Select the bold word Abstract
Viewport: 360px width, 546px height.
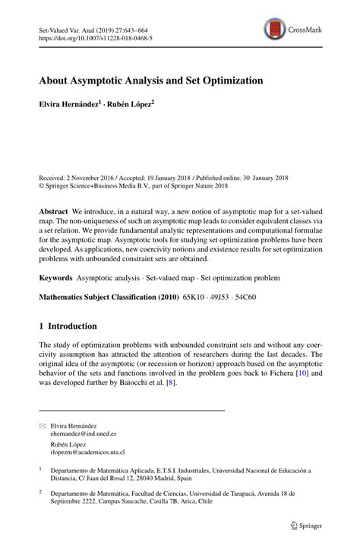tap(55, 210)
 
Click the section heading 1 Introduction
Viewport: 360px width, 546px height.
tap(68, 327)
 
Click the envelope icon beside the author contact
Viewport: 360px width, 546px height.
tap(42, 428)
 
